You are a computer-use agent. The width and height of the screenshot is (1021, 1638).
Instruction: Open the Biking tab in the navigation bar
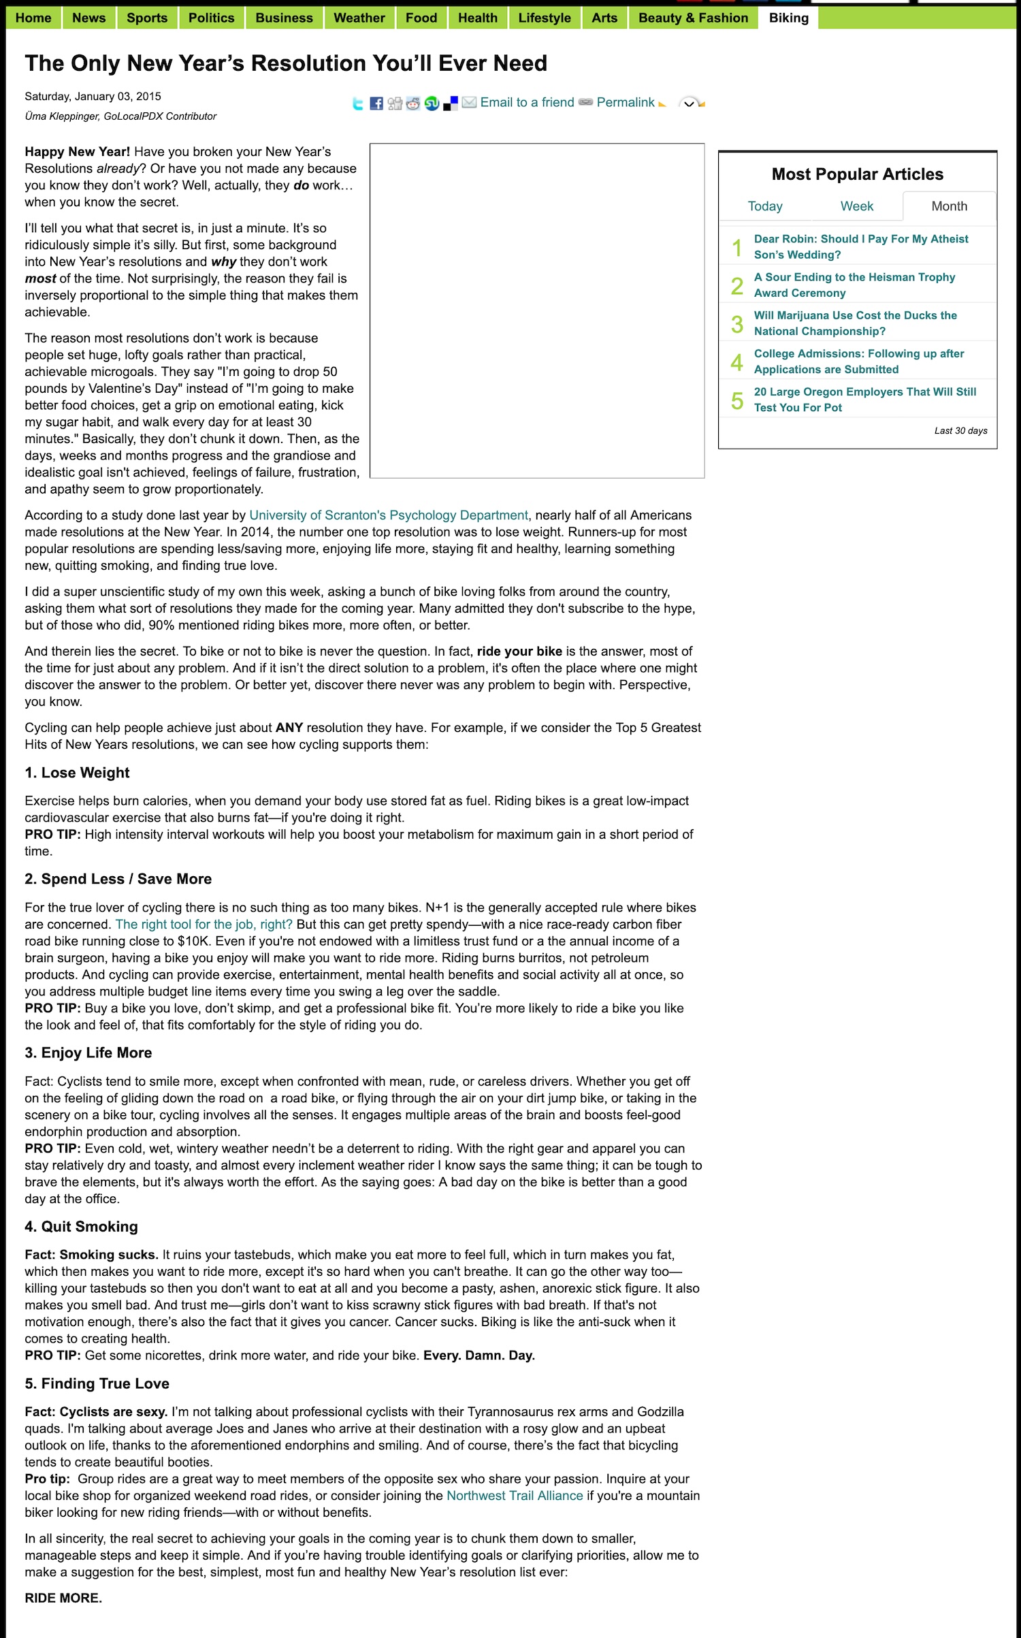pos(788,18)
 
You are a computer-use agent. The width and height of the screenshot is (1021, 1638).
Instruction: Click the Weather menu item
pos(359,18)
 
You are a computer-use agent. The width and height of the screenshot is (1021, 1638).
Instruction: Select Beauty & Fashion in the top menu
pos(692,18)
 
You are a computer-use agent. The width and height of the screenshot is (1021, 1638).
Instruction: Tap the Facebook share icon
pos(376,103)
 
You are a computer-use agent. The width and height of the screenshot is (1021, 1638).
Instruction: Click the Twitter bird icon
pos(358,103)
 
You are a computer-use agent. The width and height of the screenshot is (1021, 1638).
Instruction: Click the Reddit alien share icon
pos(413,103)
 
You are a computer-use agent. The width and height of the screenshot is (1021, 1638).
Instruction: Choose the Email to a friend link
pos(527,102)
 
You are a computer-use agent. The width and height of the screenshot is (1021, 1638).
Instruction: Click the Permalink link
pos(625,102)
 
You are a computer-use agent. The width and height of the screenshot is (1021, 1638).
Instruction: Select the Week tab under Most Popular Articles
pos(856,206)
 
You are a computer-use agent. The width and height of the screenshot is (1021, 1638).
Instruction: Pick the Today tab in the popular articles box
pos(764,206)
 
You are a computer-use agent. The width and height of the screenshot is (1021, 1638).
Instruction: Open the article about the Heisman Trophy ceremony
pos(854,285)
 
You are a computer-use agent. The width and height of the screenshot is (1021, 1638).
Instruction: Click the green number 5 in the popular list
pos(736,400)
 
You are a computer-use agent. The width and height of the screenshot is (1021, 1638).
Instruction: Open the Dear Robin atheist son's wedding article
pos(860,246)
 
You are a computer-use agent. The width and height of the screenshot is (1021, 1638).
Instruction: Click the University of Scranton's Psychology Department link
pos(388,515)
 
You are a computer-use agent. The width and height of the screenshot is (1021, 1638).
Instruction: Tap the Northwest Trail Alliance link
pos(515,1496)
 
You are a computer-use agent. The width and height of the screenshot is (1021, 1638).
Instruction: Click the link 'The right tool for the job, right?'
pos(204,925)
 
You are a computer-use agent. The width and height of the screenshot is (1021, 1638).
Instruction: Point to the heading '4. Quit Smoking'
pos(81,1227)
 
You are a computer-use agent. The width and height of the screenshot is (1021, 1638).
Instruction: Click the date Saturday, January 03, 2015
pos(93,97)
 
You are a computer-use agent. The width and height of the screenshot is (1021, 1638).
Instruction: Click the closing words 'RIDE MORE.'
pos(63,1598)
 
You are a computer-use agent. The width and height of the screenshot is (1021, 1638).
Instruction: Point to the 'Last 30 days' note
pos(960,431)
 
